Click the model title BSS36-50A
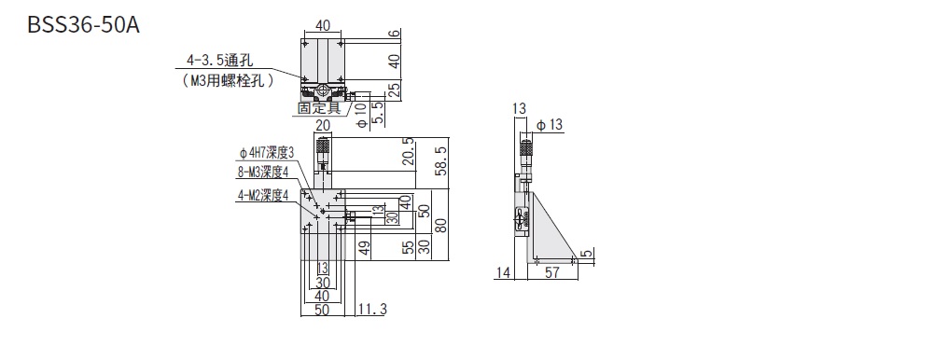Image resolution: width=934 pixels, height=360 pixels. tap(83, 24)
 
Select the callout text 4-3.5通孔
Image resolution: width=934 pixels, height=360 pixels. tap(220, 60)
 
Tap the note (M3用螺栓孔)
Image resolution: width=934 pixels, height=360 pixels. tap(229, 79)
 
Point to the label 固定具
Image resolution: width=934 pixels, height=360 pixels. tap(319, 108)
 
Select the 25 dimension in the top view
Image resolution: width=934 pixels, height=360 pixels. tap(394, 91)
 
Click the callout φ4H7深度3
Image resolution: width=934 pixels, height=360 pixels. tap(266, 154)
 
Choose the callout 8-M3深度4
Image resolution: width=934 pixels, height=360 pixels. tap(263, 173)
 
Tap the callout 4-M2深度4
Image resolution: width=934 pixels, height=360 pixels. tap(263, 195)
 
